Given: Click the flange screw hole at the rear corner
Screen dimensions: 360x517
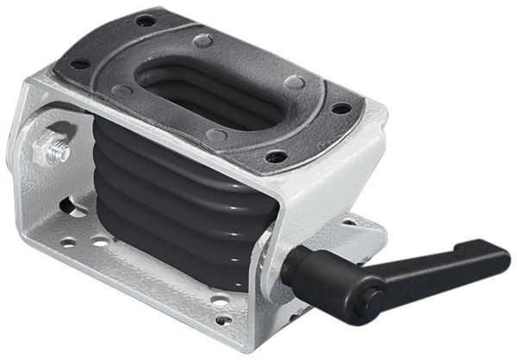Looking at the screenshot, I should (146, 20).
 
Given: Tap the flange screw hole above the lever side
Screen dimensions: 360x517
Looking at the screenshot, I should (341, 109).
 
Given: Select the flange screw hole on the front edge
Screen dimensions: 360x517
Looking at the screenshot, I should (277, 156).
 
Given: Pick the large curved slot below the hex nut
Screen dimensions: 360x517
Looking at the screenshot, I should (72, 207).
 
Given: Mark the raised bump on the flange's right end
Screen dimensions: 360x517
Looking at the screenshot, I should (295, 82).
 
